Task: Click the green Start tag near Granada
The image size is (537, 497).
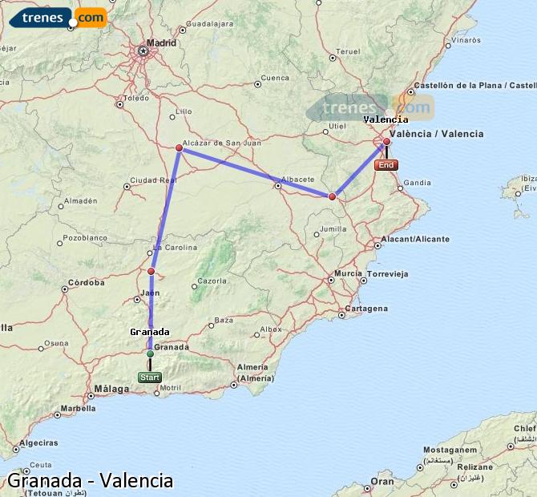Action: pos(150,378)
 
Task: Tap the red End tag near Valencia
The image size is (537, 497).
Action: pos(386,165)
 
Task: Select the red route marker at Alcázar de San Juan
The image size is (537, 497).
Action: pos(180,147)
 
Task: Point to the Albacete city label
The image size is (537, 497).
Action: pos(300,179)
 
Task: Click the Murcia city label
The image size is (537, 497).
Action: pos(349,273)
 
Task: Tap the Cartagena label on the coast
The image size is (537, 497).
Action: pos(366,309)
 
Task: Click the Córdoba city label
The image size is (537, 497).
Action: pos(86,282)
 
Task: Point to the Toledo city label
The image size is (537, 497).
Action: pos(136,99)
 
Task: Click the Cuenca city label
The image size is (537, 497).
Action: pos(274,78)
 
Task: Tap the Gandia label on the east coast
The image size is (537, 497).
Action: pos(417,183)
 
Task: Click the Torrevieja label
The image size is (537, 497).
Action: pos(388,273)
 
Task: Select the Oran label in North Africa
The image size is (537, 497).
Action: pos(382,482)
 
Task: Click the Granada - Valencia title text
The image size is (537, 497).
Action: pos(90,480)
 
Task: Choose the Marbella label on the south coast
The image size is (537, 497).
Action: pos(78,407)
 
